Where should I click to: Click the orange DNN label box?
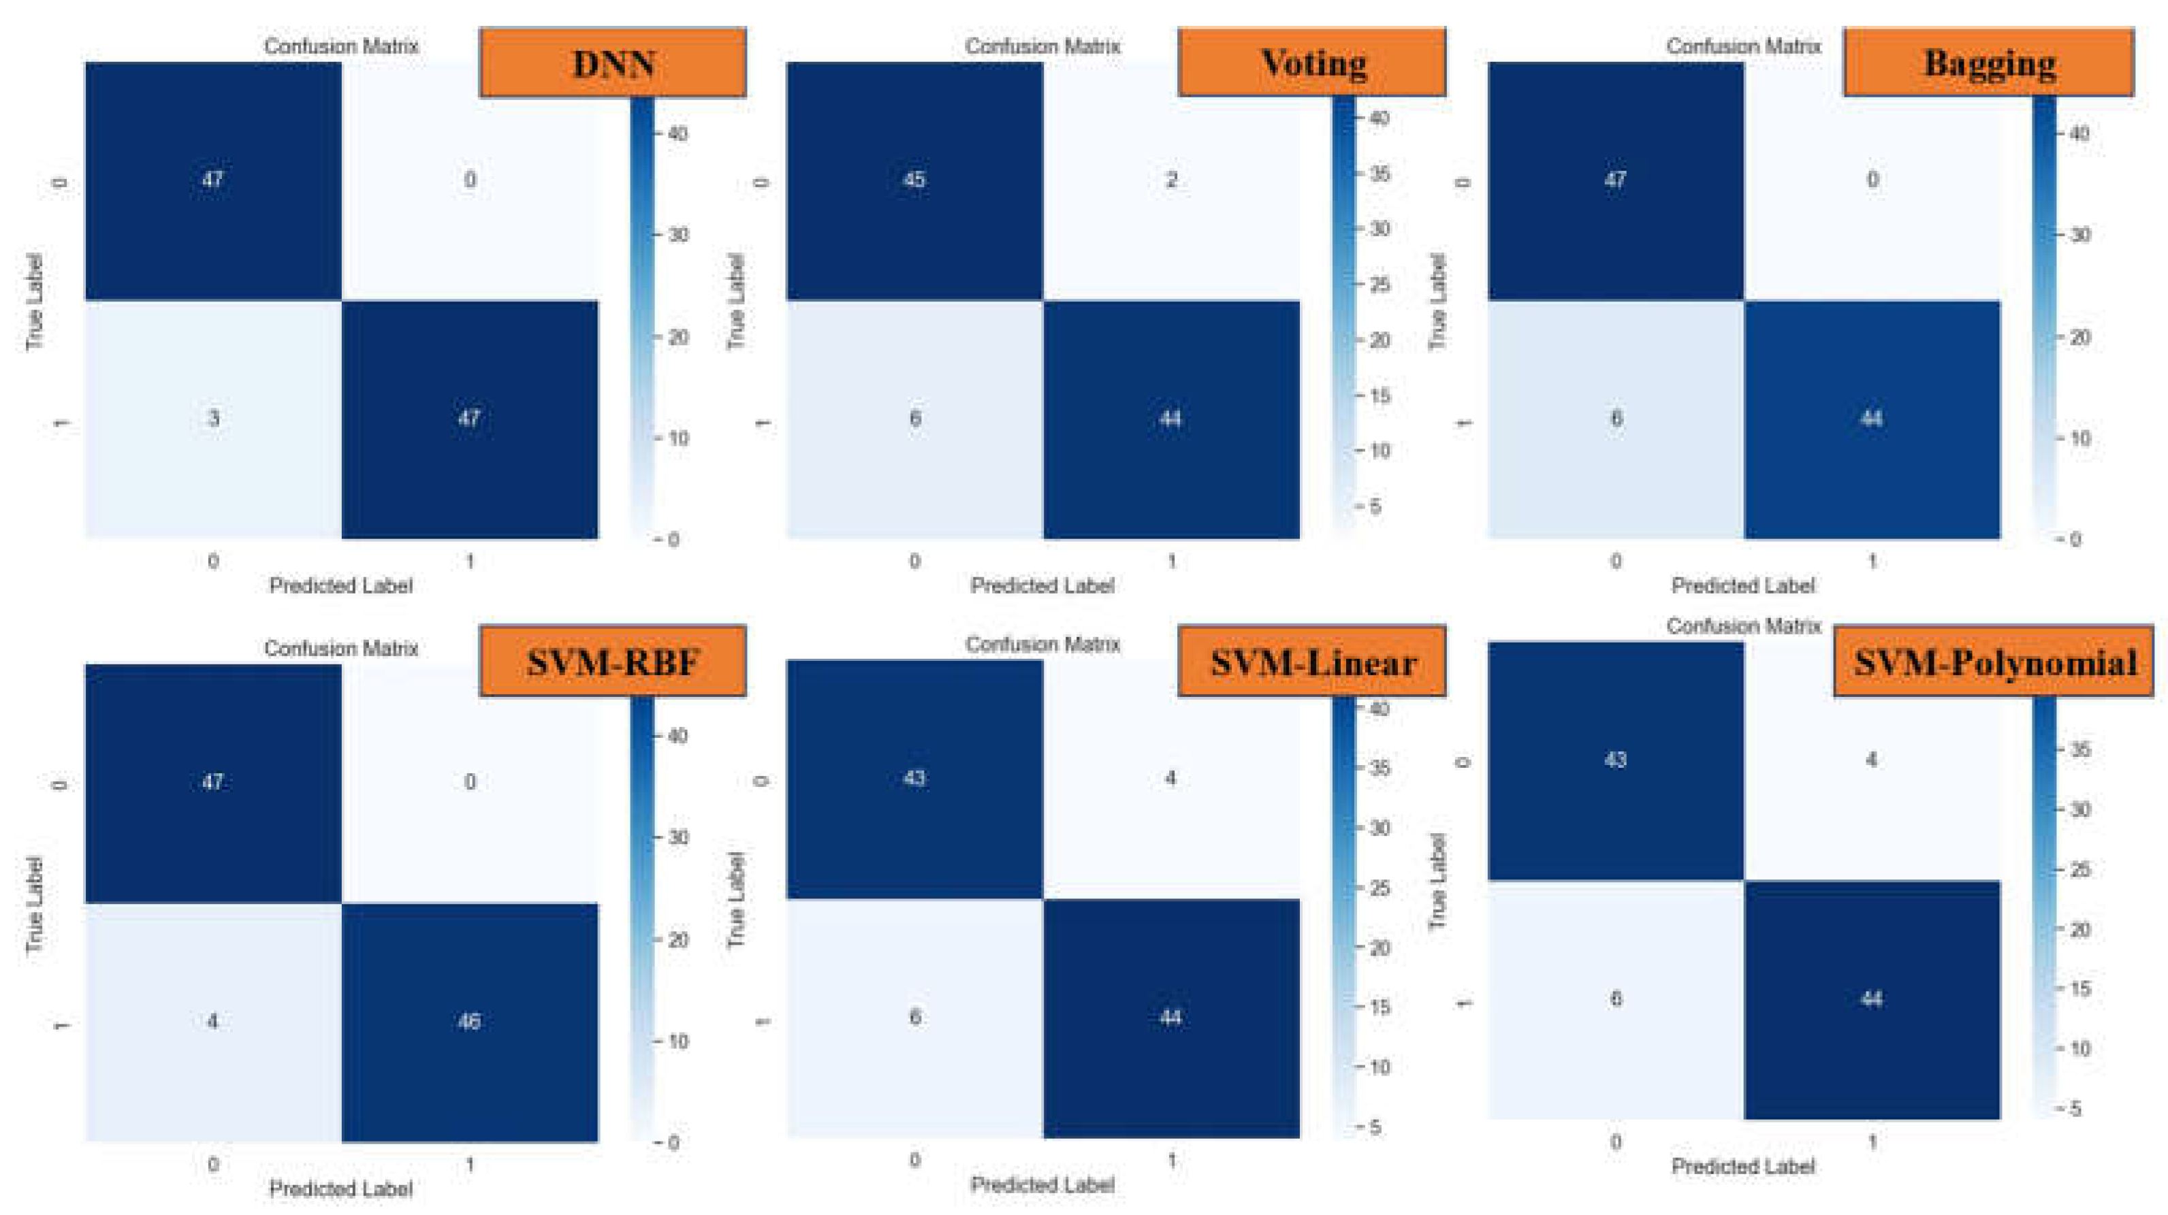coord(613,63)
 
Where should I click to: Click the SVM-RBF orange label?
coord(613,662)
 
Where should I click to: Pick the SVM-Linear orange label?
coord(1312,662)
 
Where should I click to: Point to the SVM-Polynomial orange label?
coord(1994,662)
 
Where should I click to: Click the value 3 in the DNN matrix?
coord(213,418)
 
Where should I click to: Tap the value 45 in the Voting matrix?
coord(914,179)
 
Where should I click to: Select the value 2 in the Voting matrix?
coord(1170,179)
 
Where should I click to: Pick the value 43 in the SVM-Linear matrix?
coord(914,778)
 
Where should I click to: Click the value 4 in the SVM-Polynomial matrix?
coord(1871,760)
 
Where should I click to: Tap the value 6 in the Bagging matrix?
coord(1616,418)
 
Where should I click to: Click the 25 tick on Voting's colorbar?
coord(1379,285)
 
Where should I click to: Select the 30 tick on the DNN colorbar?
coord(678,235)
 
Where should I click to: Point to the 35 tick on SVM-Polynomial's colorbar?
coord(2079,749)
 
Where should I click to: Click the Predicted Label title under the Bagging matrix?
coord(1742,585)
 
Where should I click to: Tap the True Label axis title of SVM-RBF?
coord(33,905)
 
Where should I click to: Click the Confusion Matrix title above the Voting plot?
coord(1042,46)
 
